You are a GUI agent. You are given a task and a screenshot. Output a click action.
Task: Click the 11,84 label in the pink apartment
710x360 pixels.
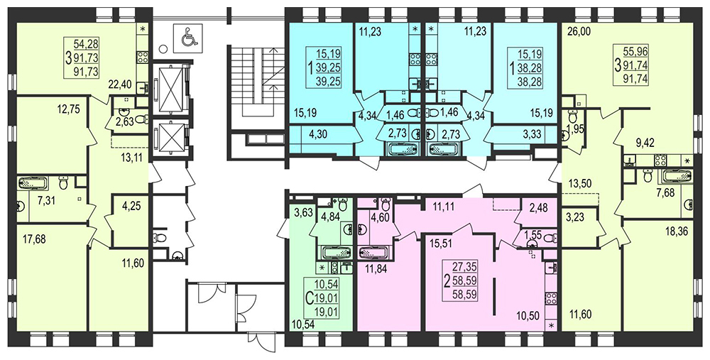[x=376, y=271]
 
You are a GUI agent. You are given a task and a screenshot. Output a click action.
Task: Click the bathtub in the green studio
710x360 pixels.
[x=336, y=252]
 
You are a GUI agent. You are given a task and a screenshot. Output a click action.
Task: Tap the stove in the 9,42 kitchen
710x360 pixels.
[x=660, y=160]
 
